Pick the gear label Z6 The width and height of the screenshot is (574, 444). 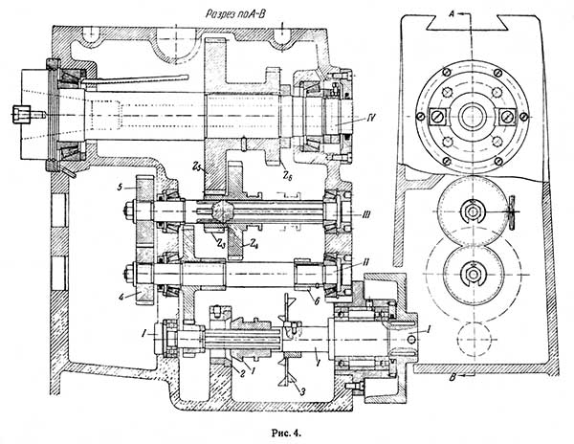[286, 176]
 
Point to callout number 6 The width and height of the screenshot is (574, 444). [317, 300]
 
